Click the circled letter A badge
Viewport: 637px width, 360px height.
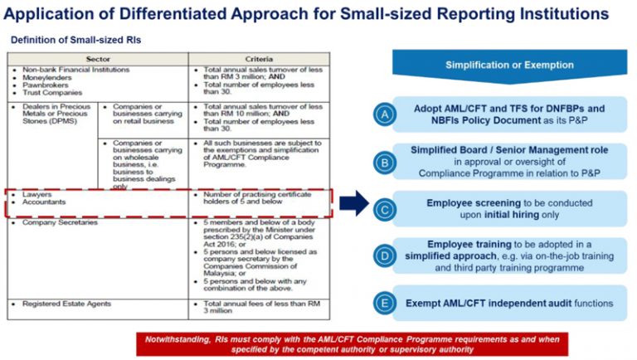[x=383, y=114]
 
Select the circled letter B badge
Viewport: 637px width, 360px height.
[x=383, y=162]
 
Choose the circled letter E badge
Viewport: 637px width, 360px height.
[x=383, y=303]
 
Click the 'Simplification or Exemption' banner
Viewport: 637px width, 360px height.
[x=509, y=65]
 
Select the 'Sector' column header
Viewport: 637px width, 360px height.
[x=98, y=59]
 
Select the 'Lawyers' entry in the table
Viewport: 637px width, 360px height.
[x=36, y=194]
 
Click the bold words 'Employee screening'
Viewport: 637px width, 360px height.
[x=473, y=202]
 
